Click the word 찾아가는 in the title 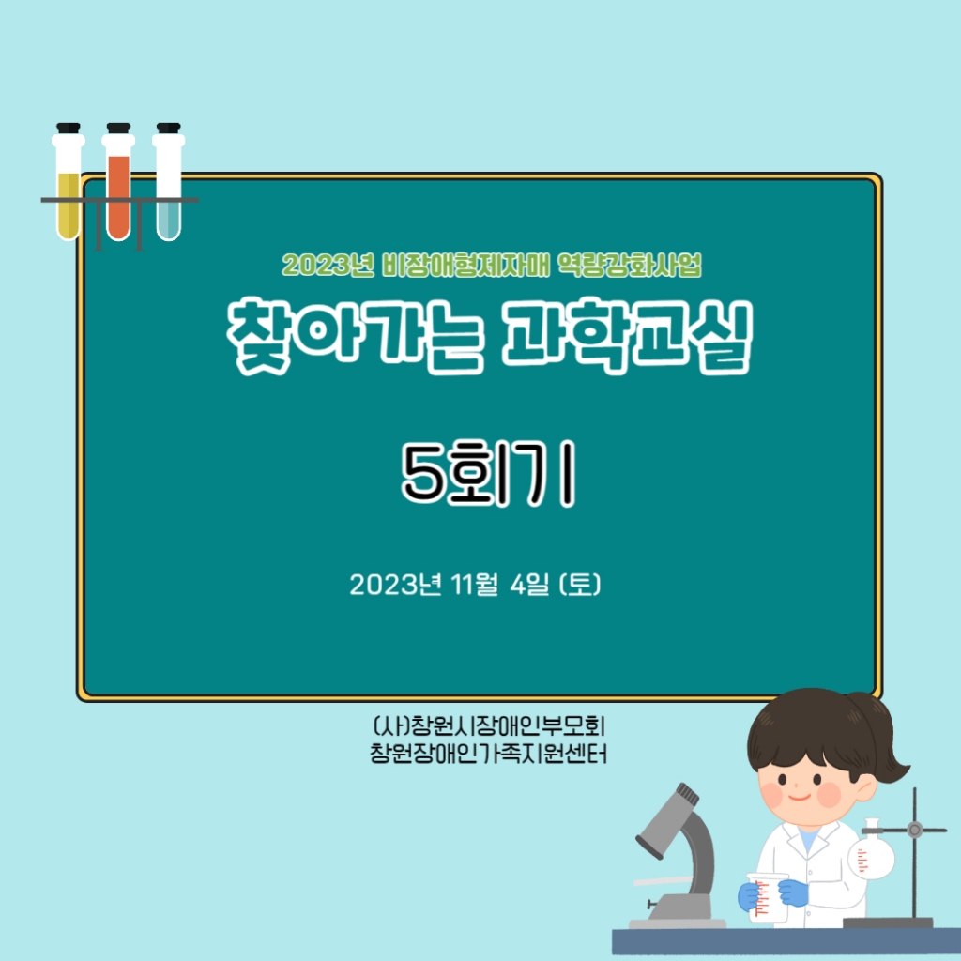tap(356, 335)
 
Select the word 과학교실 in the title tap(626, 335)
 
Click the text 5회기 tap(488, 473)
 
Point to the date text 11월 tap(474, 584)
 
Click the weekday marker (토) tap(580, 584)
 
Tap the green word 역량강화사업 tap(630, 265)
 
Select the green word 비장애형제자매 tap(465, 265)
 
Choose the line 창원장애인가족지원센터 tap(488, 754)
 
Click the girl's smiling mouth tap(800, 797)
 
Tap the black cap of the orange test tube tap(118, 129)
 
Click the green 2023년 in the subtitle tap(328, 265)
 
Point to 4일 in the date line tap(530, 584)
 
